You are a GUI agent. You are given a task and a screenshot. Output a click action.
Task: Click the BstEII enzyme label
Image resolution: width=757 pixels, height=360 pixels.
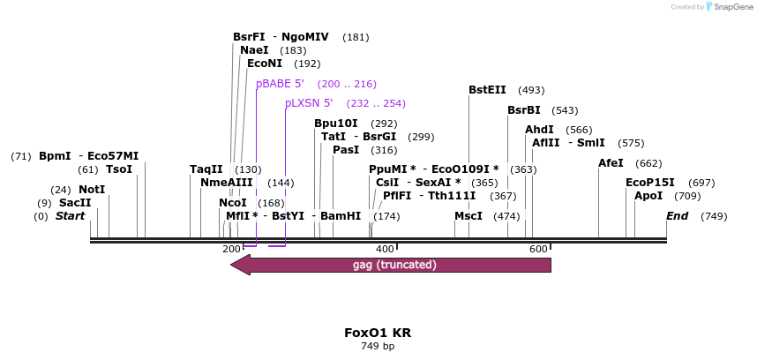point(487,90)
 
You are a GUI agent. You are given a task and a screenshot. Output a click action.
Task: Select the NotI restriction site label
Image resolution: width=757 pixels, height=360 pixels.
point(92,190)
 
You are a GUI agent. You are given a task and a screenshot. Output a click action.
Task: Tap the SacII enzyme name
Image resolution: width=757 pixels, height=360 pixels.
point(75,203)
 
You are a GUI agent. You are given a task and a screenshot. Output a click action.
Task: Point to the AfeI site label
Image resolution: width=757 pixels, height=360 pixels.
point(611,163)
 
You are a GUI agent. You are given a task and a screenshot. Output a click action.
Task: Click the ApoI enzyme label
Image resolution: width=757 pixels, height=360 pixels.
point(648,196)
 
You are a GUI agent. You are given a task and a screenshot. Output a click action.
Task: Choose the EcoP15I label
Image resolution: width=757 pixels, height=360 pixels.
point(650,183)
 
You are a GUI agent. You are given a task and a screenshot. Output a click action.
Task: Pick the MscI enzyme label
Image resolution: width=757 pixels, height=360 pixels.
point(468,216)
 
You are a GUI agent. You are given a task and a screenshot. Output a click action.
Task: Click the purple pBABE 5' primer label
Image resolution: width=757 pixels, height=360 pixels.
point(280,84)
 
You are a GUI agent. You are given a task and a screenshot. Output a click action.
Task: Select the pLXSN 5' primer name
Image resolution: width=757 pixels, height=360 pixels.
point(309,103)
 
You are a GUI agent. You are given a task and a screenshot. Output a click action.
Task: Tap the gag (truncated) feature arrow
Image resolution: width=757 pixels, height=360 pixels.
point(391,265)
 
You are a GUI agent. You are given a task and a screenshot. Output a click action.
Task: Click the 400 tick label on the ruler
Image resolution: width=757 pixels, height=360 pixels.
point(385,249)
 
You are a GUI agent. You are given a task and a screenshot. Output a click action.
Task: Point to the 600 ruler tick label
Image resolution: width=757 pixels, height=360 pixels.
point(538,249)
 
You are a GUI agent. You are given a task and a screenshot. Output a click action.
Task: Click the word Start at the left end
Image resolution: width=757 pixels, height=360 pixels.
point(70,216)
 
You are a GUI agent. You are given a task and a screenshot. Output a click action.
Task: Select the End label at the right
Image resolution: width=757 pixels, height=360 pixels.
point(677,216)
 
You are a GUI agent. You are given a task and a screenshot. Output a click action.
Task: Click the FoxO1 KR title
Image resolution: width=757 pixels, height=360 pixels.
point(378,333)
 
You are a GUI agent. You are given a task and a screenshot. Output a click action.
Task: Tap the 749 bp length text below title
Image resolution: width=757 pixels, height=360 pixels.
point(378,347)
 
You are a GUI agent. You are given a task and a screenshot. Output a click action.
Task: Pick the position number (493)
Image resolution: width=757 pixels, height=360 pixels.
point(531,90)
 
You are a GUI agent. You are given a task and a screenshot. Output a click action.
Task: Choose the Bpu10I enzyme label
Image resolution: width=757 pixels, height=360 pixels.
point(336,124)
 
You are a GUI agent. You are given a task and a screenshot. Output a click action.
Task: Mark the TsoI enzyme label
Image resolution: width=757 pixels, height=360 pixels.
point(119,169)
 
